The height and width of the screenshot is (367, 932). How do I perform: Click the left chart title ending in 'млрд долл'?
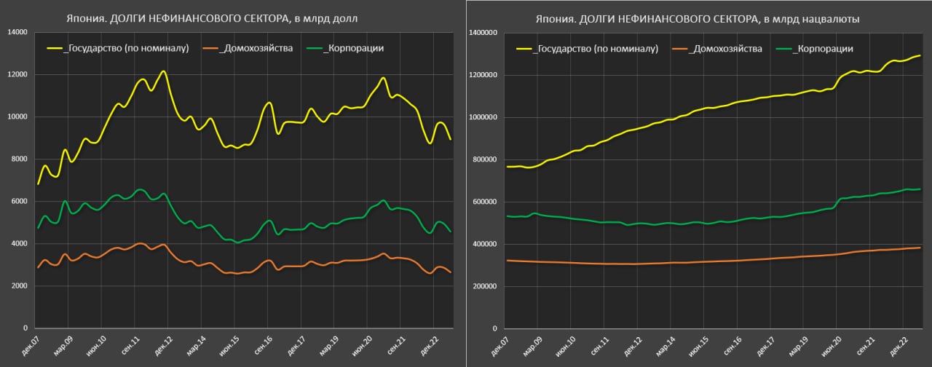coord(233,17)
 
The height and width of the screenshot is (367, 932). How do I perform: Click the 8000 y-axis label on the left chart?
coord(18,159)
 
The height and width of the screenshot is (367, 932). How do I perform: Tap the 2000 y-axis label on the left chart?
coord(18,286)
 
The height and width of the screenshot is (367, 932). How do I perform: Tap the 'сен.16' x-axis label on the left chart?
coord(260,342)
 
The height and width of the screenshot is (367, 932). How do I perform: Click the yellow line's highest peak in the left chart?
coord(164,71)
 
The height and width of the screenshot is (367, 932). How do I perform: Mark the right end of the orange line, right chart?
coord(920,248)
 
